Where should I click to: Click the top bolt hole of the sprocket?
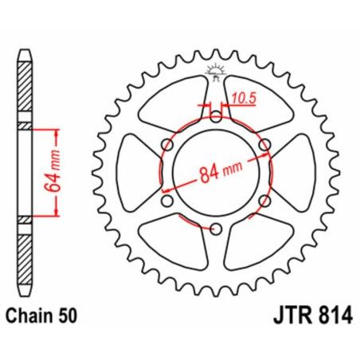tap(216, 116)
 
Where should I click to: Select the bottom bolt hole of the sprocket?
tap(216, 230)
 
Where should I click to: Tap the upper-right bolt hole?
tap(265, 145)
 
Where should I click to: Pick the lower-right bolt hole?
tap(265, 202)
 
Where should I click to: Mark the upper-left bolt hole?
tap(166, 145)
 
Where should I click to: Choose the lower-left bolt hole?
tap(166, 202)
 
